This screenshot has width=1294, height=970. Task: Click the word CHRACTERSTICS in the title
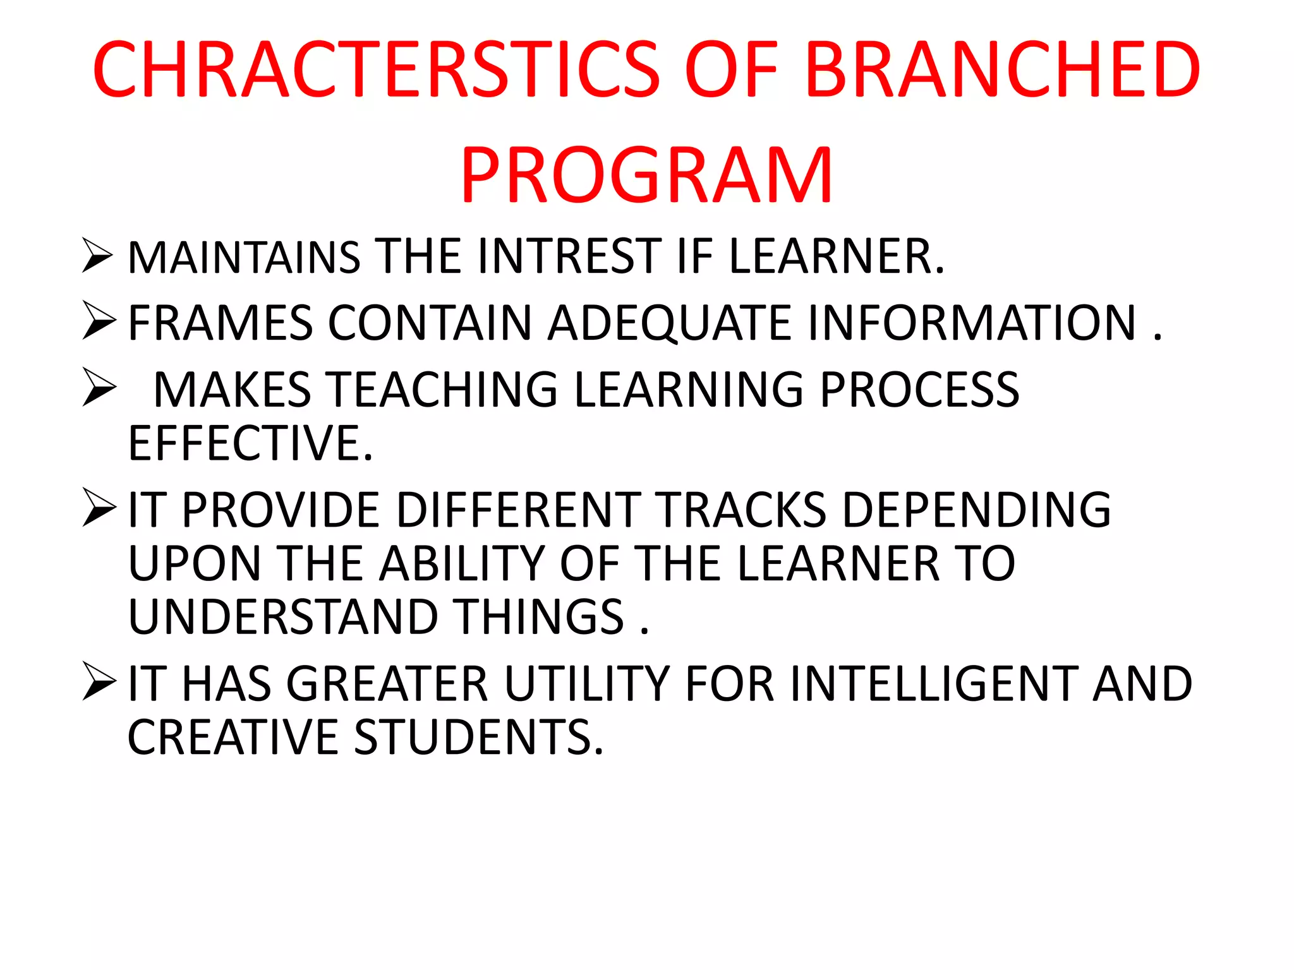pos(376,69)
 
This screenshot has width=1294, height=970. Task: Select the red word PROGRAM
pos(646,175)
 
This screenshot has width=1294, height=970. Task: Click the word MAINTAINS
pos(244,258)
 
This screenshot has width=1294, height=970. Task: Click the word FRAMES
pos(220,323)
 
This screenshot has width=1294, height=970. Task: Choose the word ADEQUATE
pos(669,323)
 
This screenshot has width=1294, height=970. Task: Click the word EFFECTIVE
pos(250,443)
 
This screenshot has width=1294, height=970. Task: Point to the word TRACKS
pos(739,510)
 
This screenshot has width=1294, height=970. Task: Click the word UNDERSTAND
pos(283,617)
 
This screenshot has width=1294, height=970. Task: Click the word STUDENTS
pos(478,737)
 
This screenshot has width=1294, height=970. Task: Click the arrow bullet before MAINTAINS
pos(98,256)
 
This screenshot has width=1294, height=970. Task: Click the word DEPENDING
pos(977,510)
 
